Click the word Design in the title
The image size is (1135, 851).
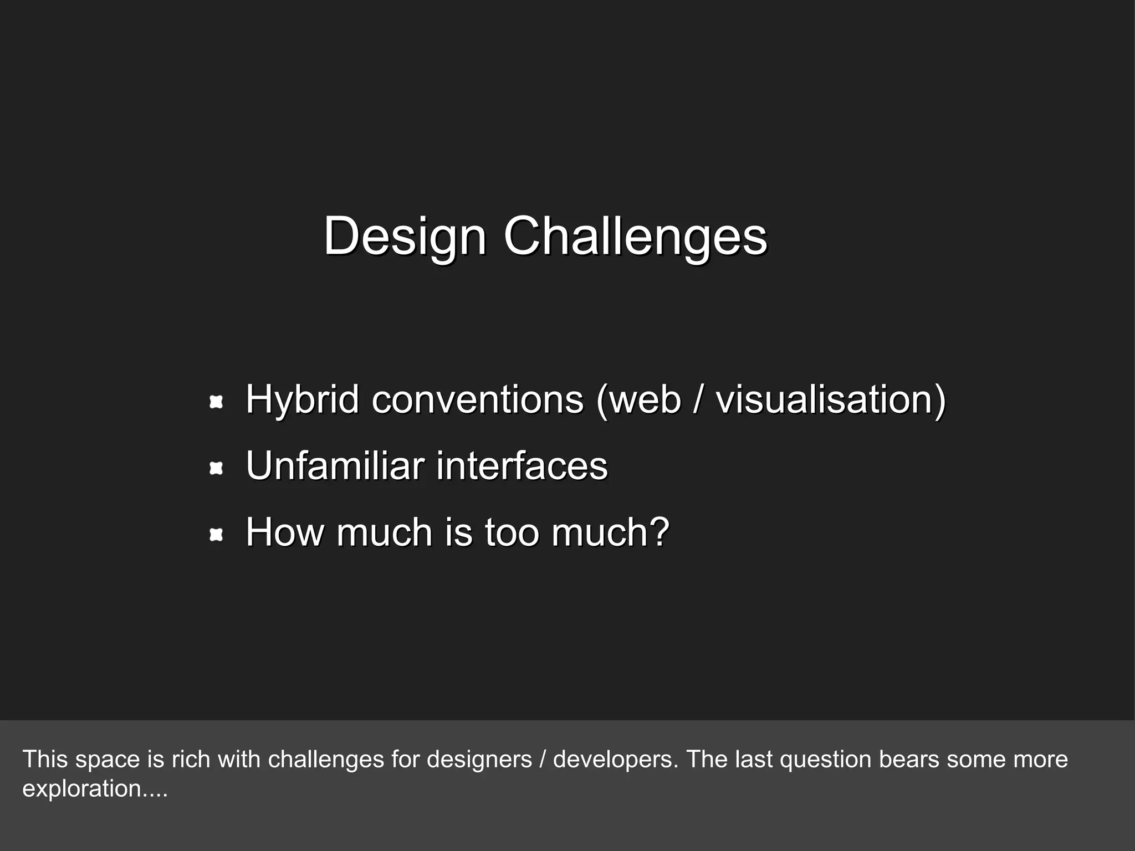pyautogui.click(x=405, y=237)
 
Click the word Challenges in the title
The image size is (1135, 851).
pyautogui.click(x=635, y=237)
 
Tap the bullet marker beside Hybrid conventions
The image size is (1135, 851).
pyautogui.click(x=216, y=402)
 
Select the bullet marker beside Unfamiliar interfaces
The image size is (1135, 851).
pyautogui.click(x=216, y=469)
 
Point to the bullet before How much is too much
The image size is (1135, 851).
pyautogui.click(x=216, y=535)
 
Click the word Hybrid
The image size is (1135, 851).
pyautogui.click(x=302, y=399)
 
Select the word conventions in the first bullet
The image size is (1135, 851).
pyautogui.click(x=477, y=399)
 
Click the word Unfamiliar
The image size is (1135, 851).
pyautogui.click(x=335, y=465)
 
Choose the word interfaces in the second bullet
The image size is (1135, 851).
pyautogui.click(x=522, y=465)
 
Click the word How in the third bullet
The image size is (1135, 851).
pyautogui.click(x=285, y=532)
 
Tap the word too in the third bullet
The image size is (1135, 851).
pyautogui.click(x=512, y=532)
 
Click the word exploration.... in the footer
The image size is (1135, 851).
pyautogui.click(x=95, y=788)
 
